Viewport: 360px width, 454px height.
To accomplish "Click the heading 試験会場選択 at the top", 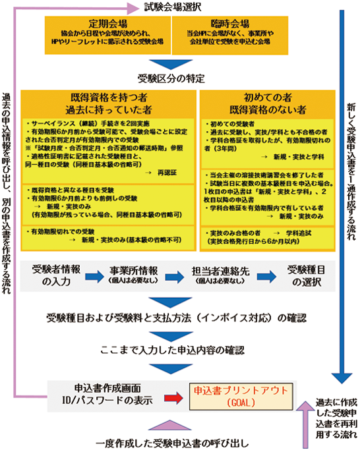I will tap(173, 7).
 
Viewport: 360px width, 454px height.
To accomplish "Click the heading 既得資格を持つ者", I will tap(109, 96).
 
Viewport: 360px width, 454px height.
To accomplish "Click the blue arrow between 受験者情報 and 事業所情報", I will tap(92, 275).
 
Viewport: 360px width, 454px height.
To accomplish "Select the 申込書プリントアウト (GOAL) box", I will tap(234, 396).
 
